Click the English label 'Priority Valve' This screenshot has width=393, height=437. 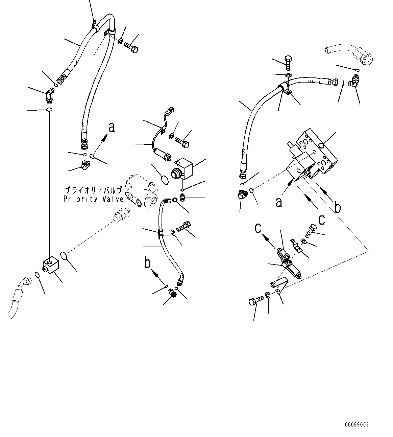coord(93,199)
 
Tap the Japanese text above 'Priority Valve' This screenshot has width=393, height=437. coord(93,190)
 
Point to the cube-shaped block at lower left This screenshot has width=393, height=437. coord(50,266)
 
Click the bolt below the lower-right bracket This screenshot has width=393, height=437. coord(255,300)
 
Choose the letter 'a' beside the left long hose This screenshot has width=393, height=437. coord(112,128)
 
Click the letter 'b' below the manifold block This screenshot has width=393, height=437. coord(337,207)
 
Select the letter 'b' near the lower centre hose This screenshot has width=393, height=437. coord(148,263)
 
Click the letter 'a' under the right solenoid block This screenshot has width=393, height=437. coord(279,202)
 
